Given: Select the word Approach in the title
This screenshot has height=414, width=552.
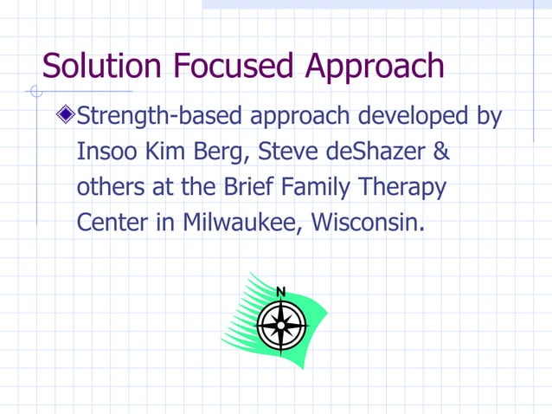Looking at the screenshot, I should (371, 68).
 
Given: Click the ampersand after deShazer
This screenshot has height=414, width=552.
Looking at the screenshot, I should (440, 152).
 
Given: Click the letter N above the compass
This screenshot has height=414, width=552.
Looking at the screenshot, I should (280, 291).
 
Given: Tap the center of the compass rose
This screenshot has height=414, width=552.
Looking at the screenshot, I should (280, 327).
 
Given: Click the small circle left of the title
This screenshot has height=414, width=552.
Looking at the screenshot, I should (35, 90).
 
